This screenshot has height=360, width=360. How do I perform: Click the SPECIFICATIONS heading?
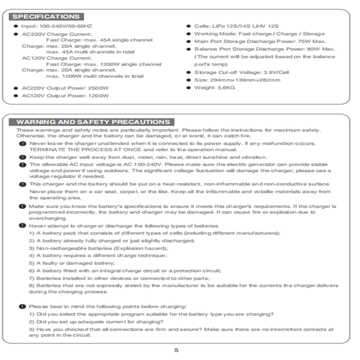(x=46, y=17)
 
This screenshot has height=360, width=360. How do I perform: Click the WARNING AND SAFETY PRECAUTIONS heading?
(x=93, y=122)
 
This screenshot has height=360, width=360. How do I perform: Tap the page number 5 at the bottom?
(x=176, y=350)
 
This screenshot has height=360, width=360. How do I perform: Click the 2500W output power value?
(x=99, y=88)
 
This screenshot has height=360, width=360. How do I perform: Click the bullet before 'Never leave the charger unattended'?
(x=22, y=143)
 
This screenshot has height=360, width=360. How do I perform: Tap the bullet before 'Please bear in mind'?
(x=22, y=306)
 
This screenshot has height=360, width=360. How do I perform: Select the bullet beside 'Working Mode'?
(x=189, y=34)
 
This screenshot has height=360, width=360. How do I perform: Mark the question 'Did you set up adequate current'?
(x=96, y=321)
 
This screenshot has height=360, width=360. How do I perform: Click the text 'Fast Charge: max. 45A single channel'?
(x=99, y=40)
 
